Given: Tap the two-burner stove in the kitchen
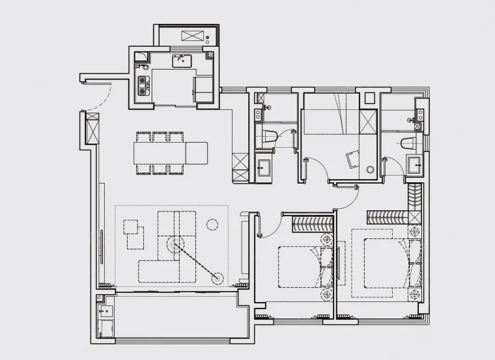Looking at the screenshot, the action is pos(143,83).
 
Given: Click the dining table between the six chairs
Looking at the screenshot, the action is pos(160,154).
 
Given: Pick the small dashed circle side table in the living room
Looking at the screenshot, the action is pos(212,225).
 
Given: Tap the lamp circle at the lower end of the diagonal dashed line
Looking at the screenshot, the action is pos(218,279).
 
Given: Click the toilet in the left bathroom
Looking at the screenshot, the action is pos(269,136).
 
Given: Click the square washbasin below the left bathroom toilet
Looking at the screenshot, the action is pos(264,166).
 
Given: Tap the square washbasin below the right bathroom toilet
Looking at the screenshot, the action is pos(414,165).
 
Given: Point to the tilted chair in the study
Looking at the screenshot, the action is pos(354,159).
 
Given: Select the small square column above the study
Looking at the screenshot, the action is pos(369,98).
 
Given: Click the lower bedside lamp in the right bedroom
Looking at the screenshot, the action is pos(414,296).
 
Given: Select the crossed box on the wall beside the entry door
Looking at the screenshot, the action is pos(92,128).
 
